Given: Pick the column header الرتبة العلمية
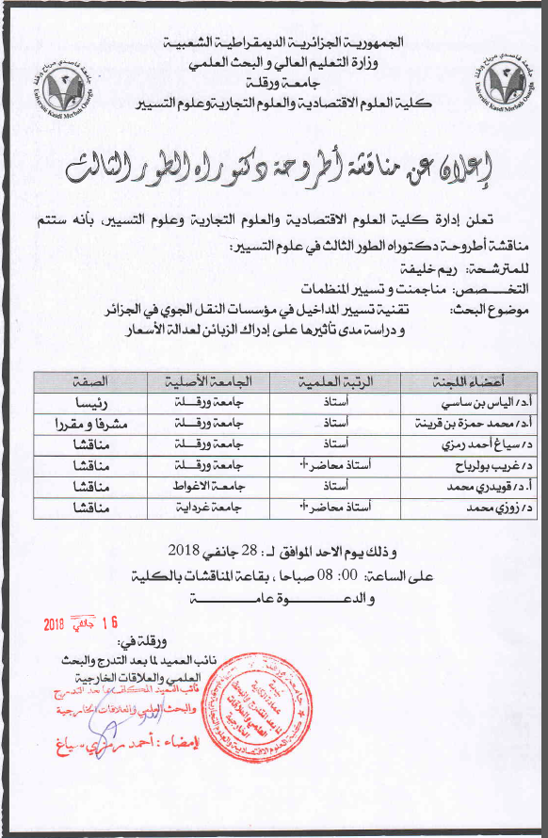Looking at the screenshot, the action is pos(334,381).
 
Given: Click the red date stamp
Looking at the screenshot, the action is pos(82,623).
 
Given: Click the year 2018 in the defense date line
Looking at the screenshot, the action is pos(181,551).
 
